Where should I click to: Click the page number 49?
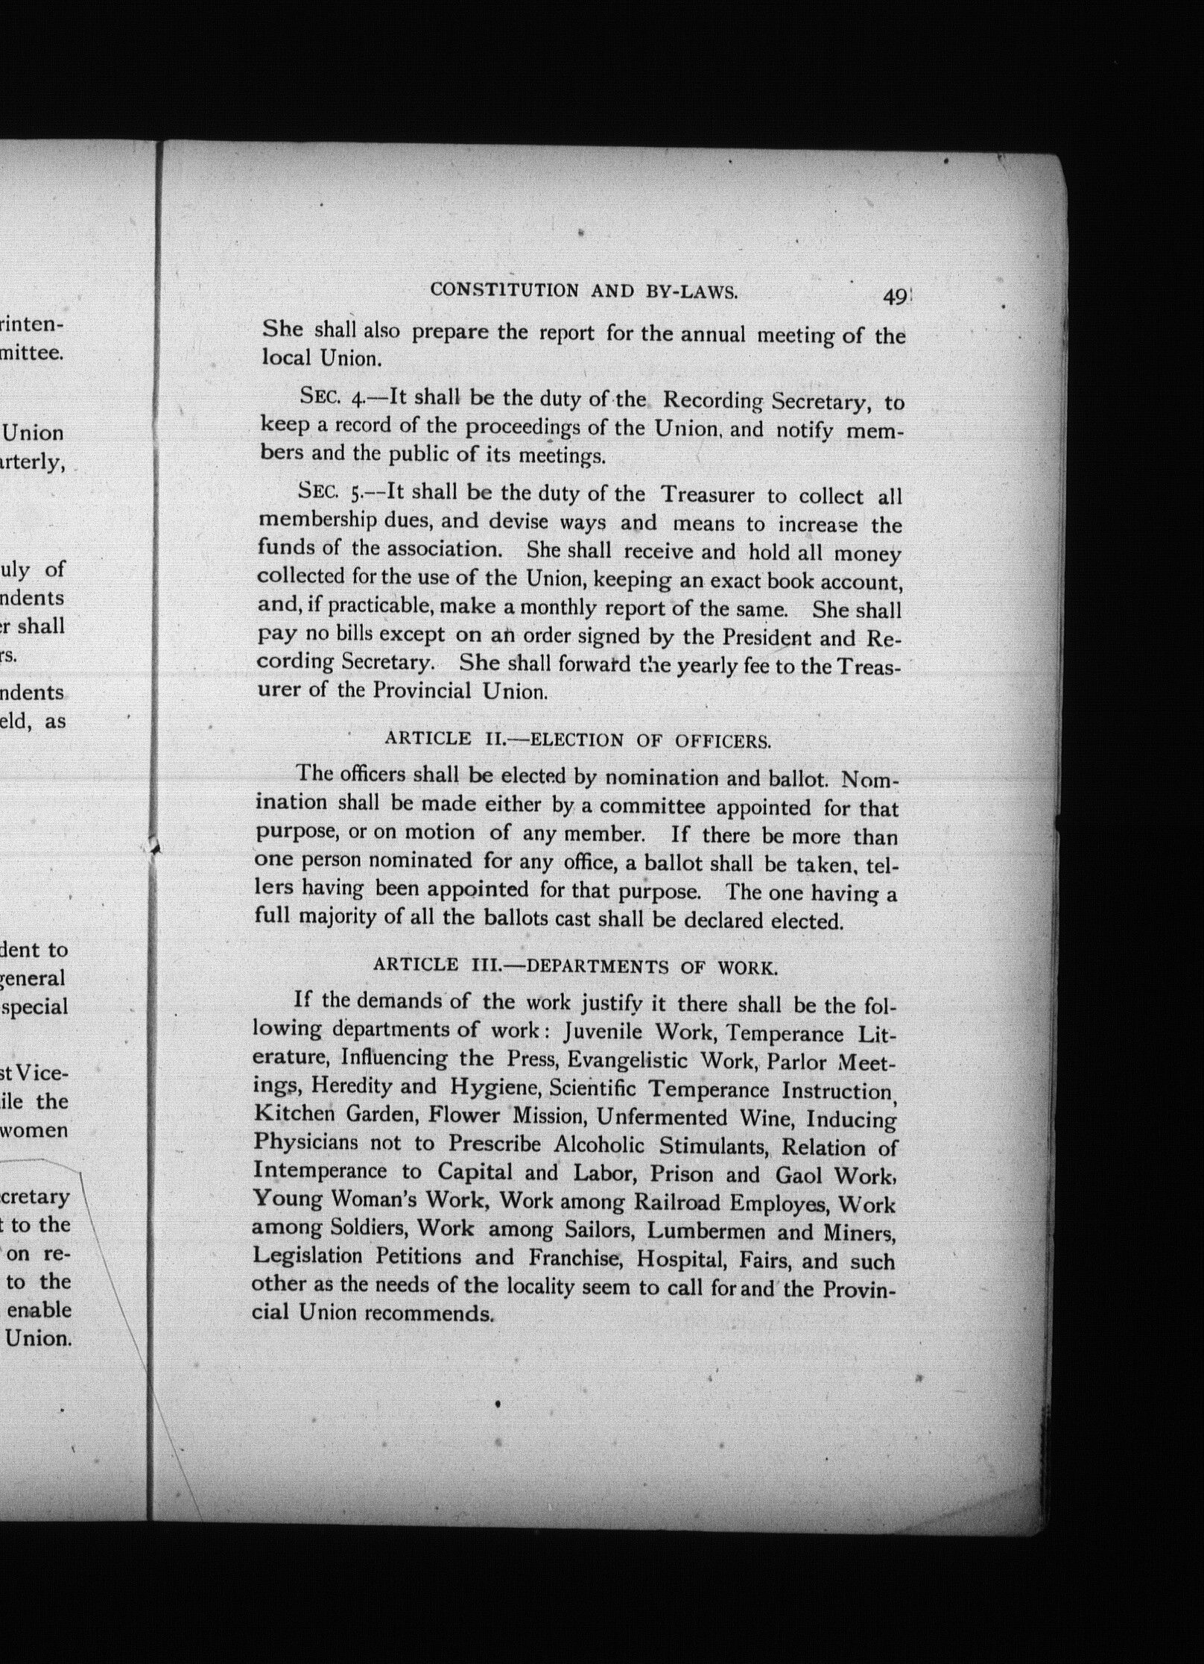coord(893,297)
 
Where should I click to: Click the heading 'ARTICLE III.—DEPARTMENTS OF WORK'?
coord(576,967)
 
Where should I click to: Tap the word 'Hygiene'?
coord(495,1088)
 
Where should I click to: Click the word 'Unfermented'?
coord(662,1117)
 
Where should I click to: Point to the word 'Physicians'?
coord(305,1142)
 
